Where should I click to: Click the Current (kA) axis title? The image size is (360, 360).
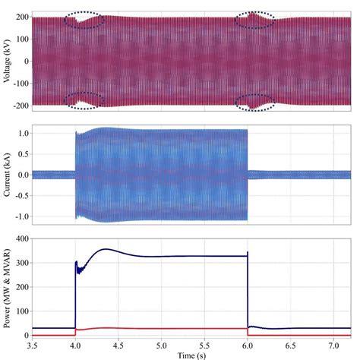point(7,175)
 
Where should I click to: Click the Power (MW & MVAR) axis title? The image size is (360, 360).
point(7,288)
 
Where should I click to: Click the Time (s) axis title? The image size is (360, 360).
point(192,355)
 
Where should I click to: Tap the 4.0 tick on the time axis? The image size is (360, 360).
point(75,345)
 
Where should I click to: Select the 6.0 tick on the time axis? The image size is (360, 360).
point(248,345)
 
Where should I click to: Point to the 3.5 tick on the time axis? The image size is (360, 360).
point(32,345)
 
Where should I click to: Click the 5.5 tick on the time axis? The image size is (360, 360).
point(204,345)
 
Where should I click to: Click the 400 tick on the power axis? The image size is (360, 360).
point(21,239)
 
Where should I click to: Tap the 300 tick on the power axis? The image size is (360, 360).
point(21,264)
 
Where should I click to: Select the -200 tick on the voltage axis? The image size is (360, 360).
point(18,104)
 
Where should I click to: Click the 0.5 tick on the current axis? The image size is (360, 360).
point(21,153)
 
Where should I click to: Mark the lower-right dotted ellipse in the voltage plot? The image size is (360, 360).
point(255,101)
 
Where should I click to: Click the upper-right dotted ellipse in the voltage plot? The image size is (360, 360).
point(255,21)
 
